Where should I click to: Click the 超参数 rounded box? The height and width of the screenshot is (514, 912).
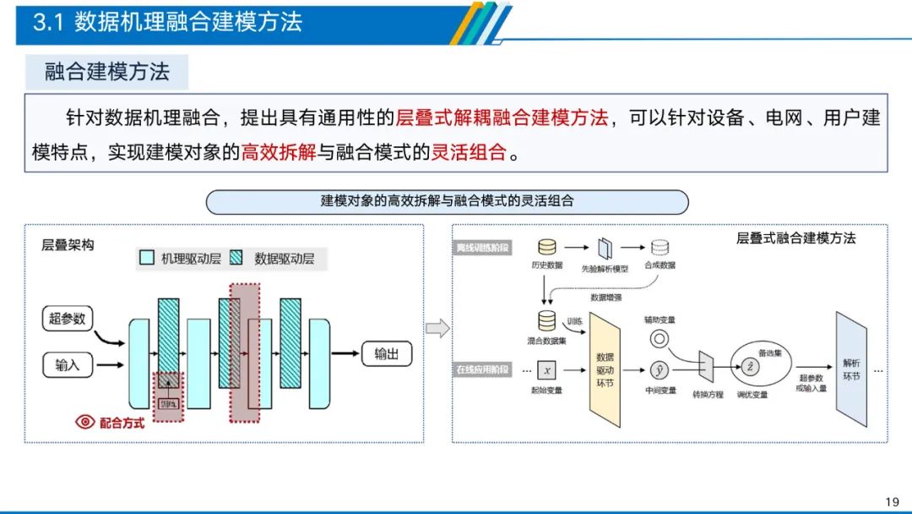tap(68, 319)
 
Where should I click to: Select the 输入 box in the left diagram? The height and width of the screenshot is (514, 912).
tap(68, 365)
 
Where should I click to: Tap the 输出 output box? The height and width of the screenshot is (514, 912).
tap(387, 353)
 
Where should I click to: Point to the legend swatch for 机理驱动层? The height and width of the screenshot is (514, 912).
tap(146, 259)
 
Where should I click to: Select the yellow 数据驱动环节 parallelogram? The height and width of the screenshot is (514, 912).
tap(605, 370)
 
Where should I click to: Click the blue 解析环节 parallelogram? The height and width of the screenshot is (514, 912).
tap(851, 369)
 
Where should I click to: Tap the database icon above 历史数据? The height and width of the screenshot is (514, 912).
tap(547, 247)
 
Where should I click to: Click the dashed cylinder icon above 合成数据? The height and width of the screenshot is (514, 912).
tap(660, 247)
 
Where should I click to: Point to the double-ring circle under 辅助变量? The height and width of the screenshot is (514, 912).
tap(660, 339)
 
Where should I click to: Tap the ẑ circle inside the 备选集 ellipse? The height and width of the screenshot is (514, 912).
tap(749, 365)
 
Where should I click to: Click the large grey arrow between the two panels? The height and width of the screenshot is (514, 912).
tap(437, 328)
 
